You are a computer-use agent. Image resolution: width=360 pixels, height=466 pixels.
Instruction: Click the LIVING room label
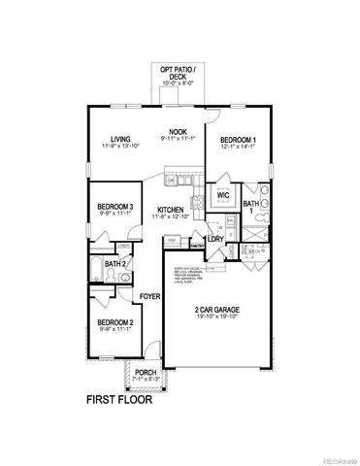120,138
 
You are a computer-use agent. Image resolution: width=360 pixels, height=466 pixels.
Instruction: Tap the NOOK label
178,131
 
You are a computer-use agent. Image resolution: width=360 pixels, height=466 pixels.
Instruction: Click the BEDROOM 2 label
116,320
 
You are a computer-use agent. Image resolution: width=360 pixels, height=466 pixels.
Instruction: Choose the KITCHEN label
172,210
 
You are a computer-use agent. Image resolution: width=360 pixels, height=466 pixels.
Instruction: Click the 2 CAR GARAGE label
216,309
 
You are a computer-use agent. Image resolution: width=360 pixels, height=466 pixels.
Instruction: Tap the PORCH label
146,371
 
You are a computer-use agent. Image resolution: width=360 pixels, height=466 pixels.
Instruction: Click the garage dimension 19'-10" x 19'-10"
216,316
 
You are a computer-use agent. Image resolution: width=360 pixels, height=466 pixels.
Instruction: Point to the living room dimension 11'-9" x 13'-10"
120,146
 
